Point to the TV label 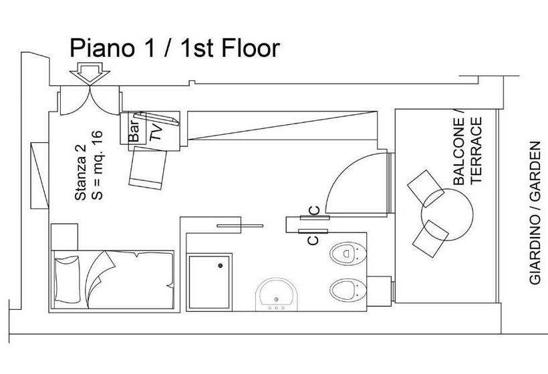tap(156, 132)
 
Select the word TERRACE tap(476, 150)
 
